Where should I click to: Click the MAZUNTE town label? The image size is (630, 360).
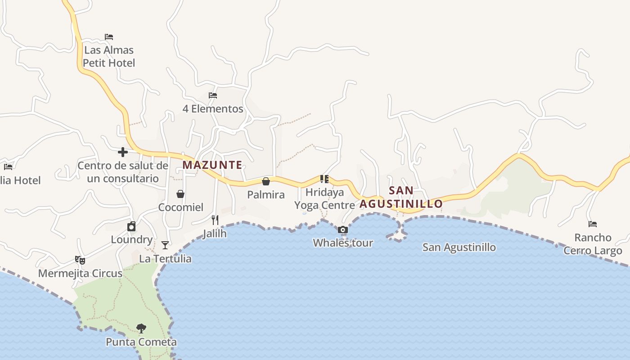pos(212,165)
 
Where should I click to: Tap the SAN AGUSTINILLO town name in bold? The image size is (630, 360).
pos(401,197)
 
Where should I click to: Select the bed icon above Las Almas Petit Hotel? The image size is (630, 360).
pos(109,37)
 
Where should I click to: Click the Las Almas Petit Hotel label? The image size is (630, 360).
pos(109,56)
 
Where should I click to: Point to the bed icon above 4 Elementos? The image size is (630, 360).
pos(213,95)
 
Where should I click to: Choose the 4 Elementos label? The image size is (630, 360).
pos(213,109)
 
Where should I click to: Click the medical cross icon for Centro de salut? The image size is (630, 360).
pos(122,152)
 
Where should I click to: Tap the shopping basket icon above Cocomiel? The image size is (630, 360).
pos(180,194)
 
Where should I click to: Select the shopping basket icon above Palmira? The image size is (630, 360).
pos(266,181)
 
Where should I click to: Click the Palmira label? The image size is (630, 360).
pos(266,195)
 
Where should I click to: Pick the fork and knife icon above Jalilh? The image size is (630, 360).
pos(215,220)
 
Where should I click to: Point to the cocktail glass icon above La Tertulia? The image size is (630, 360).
pos(165,245)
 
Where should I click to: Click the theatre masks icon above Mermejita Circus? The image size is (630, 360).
pos(80,260)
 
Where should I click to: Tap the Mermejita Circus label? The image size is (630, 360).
pos(80,274)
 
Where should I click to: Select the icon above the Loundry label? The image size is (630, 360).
pos(131,226)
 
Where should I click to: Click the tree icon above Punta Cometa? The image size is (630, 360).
pos(141,328)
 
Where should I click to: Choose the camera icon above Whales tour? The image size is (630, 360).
pos(343,230)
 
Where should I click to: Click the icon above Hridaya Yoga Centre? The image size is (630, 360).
pos(324,179)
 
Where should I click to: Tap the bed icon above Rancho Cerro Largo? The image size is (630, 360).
pos(593,224)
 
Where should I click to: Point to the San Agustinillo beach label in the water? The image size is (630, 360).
pos(459,247)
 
